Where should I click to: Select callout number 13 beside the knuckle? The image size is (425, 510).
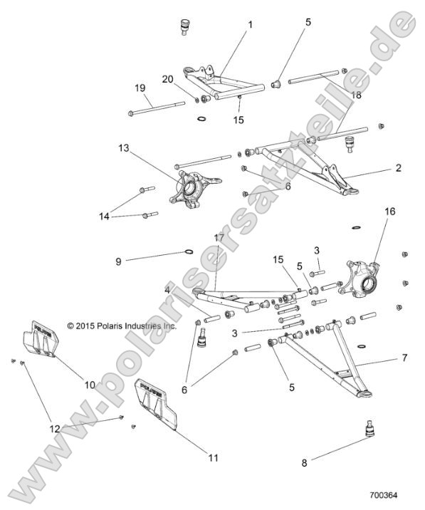click(125, 148)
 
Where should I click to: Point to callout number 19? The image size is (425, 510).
click(141, 88)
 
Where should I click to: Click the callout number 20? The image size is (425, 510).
click(167, 78)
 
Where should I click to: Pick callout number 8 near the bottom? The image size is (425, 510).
click(305, 462)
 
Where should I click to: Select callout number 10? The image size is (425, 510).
click(90, 385)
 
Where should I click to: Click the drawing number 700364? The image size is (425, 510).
click(384, 492)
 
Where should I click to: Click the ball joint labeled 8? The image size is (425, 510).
click(369, 430)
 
